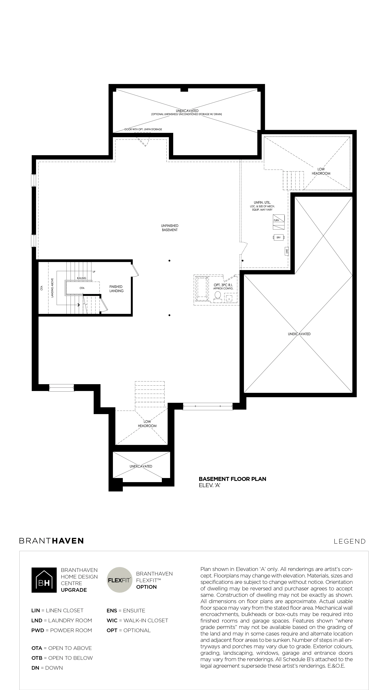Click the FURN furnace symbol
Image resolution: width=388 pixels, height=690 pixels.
279,222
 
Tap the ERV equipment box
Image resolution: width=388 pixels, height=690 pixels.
279,237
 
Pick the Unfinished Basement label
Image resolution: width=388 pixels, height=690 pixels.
170,228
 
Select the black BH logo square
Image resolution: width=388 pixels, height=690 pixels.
44,580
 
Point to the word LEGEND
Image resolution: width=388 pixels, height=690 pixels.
349,541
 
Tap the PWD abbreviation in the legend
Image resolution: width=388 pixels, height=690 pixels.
37,630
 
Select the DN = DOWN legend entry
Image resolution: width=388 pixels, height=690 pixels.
47,668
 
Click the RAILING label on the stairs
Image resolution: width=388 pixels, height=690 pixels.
82,278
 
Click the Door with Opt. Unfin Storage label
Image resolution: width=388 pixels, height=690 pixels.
143,129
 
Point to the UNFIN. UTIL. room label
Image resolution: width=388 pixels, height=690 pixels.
260,203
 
